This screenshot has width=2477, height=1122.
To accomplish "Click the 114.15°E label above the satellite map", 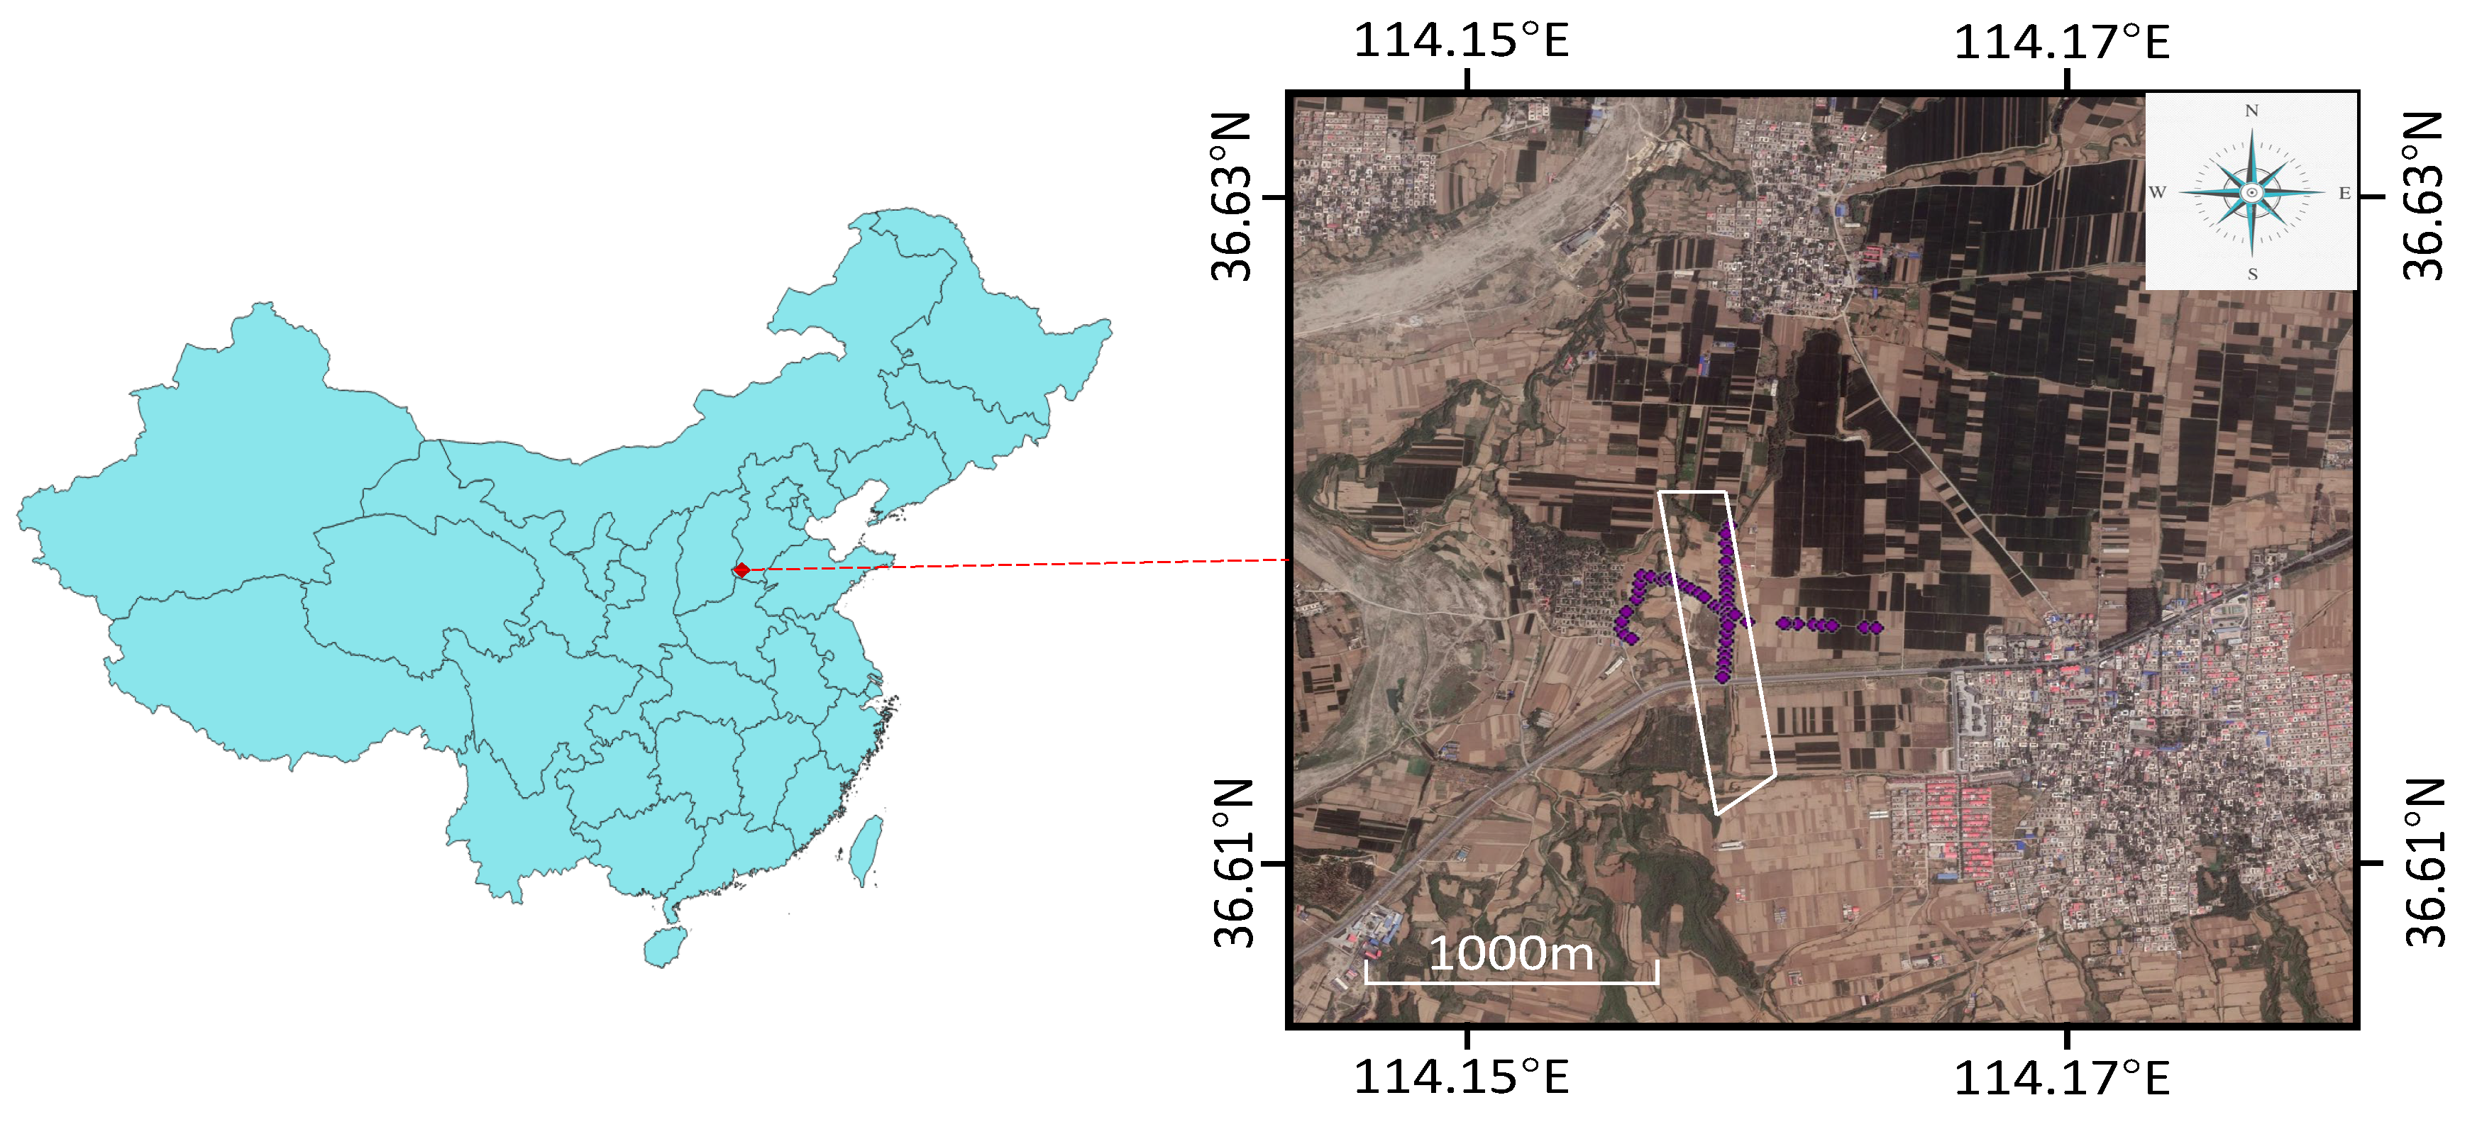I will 1461,41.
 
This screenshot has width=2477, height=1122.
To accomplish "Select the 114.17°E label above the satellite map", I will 2062,41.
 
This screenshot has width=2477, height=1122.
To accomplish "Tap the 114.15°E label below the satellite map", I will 1461,1077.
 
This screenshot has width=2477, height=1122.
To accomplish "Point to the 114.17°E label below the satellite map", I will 2062,1077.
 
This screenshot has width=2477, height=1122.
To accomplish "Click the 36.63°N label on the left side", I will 1232,196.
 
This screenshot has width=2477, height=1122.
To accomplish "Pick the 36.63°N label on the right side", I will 2424,196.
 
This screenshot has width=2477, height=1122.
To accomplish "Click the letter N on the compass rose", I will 2251,111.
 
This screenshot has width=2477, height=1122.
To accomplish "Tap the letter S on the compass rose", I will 2252,274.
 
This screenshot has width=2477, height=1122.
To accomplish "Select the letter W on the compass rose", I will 2158,192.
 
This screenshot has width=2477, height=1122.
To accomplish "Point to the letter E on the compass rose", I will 2344,193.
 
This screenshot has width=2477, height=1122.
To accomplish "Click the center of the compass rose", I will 2251,192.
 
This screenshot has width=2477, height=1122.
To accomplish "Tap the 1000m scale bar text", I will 1511,954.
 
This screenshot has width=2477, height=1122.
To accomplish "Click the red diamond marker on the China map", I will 741,570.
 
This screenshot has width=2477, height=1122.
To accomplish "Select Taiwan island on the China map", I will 867,849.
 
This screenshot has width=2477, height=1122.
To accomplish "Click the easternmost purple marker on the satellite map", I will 1876,628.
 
